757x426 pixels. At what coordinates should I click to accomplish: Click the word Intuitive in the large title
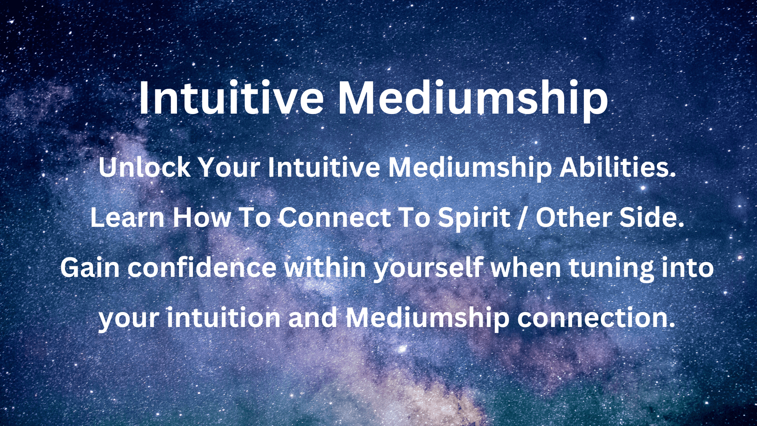pyautogui.click(x=231, y=97)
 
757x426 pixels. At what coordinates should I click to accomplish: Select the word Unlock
pyautogui.click(x=145, y=167)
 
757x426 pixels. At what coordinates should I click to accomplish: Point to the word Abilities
pyautogui.click(x=617, y=167)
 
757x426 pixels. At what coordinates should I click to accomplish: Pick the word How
pyautogui.click(x=202, y=217)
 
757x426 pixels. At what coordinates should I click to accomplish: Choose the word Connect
pyautogui.click(x=335, y=217)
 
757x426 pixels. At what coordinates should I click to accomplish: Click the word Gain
pyautogui.click(x=90, y=267)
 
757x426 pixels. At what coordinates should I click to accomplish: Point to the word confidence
pyautogui.click(x=202, y=267)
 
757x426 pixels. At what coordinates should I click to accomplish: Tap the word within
pyautogui.click(x=326, y=267)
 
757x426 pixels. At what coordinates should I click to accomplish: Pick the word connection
pyautogui.click(x=596, y=318)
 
